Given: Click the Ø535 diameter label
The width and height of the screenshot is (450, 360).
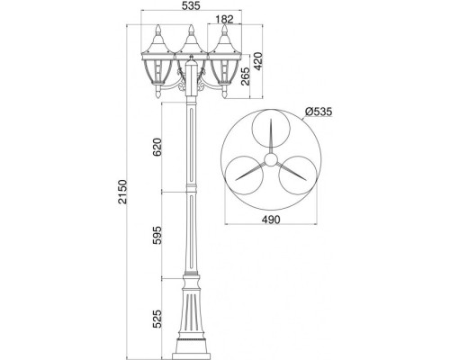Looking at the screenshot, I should pos(320,112).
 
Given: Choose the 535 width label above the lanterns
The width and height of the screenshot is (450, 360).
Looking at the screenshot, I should pos(191,6).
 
